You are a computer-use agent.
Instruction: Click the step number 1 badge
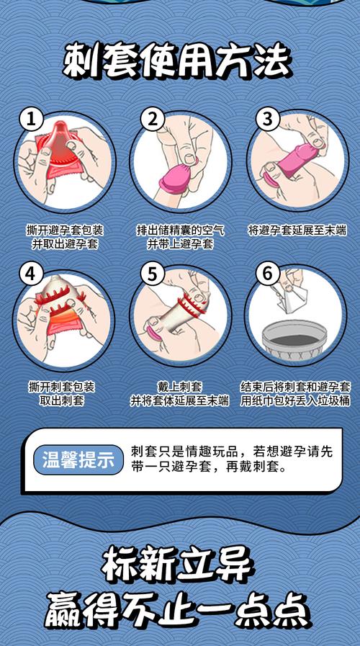30,120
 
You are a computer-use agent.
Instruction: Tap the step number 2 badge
152,120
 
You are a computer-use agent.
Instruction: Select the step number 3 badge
267,120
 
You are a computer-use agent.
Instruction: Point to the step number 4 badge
30,274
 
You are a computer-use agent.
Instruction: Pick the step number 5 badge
152,274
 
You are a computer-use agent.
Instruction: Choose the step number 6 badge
267,274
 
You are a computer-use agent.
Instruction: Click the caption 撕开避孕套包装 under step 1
65,230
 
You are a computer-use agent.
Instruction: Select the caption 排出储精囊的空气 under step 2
180,230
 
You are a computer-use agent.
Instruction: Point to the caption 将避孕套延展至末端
297,230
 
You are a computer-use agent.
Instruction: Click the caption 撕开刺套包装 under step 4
65,387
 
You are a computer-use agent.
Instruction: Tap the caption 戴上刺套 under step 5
180,387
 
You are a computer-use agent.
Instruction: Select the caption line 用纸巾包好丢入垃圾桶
296,400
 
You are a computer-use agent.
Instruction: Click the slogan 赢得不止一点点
179,609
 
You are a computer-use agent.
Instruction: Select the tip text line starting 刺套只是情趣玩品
232,452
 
